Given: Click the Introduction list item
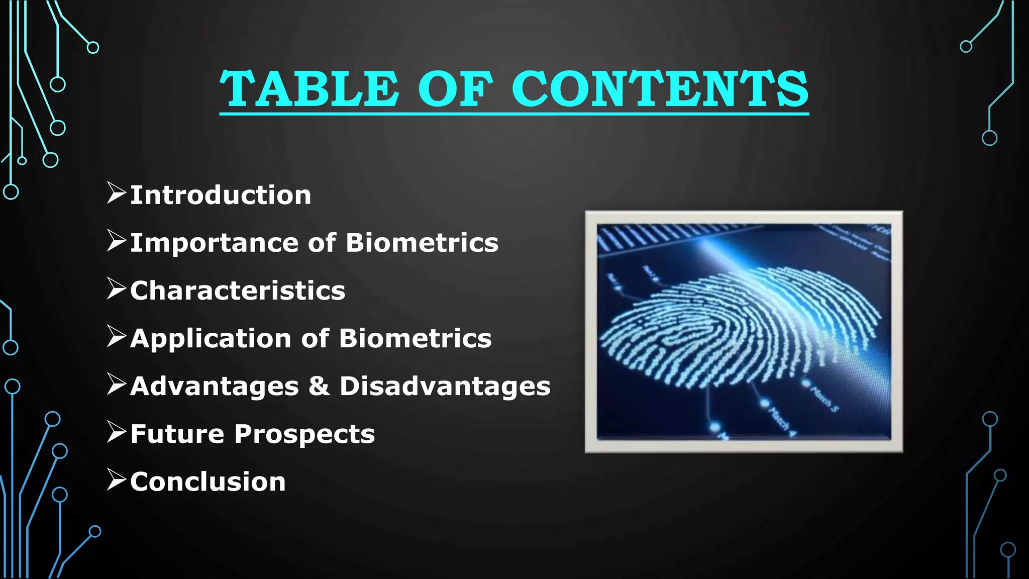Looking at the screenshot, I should pos(221,195).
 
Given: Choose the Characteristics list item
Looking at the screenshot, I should pos(238,291).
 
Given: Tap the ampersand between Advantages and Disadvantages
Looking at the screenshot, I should pos(319,386).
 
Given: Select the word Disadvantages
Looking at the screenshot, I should pos(445,386).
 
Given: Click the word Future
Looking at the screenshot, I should pos(177,434).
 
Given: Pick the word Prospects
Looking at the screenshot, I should pos(304,434).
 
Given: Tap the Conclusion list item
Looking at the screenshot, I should pos(208,481).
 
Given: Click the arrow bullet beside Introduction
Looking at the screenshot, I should pos(116,193).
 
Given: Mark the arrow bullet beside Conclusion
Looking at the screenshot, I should pos(116,479).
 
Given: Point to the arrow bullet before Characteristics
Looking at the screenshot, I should pos(116,288).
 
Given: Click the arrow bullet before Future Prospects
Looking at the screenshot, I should pos(116,432).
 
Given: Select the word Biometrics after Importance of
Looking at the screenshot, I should pos(422,243).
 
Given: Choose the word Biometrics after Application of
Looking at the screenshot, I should pos(416,338).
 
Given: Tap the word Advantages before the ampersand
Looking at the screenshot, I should pos(215,386).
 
